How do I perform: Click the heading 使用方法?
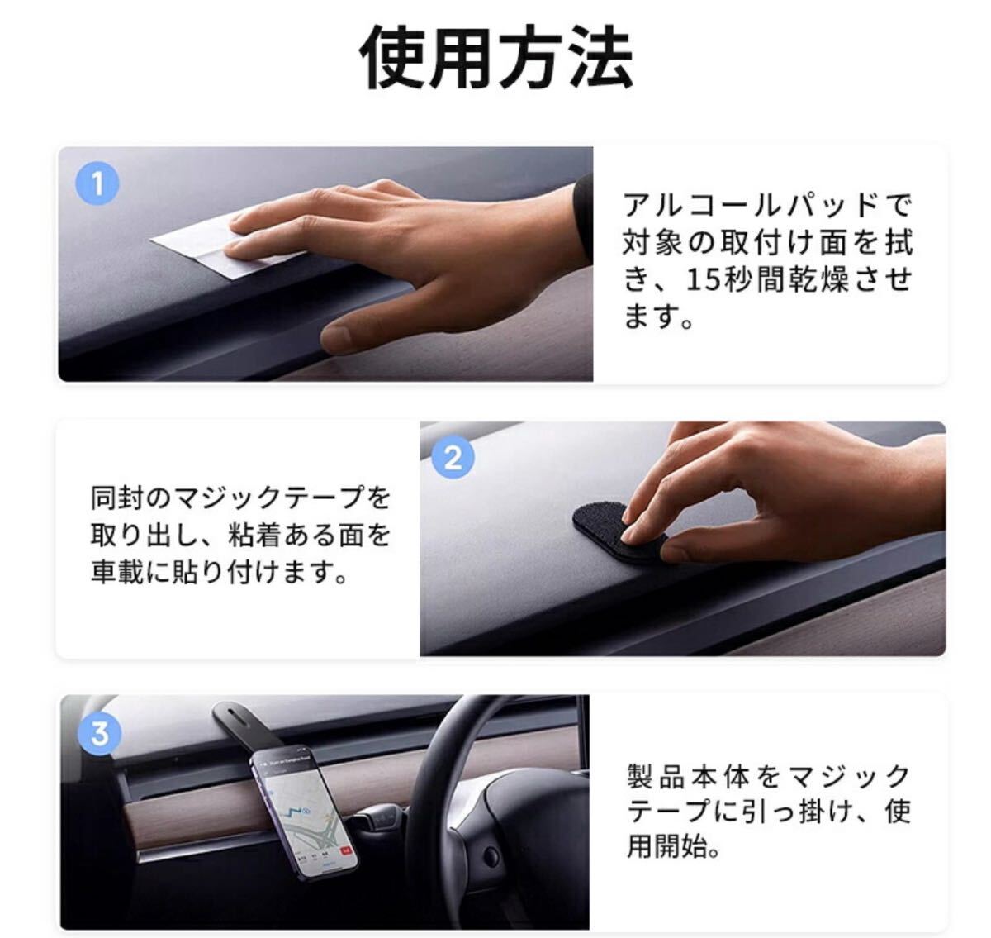pyautogui.click(x=495, y=57)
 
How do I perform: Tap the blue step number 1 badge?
pyautogui.click(x=97, y=183)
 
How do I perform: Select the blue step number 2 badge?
pyautogui.click(x=453, y=458)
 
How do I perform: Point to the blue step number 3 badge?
pyautogui.click(x=100, y=733)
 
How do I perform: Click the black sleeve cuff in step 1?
pyautogui.click(x=583, y=217)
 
